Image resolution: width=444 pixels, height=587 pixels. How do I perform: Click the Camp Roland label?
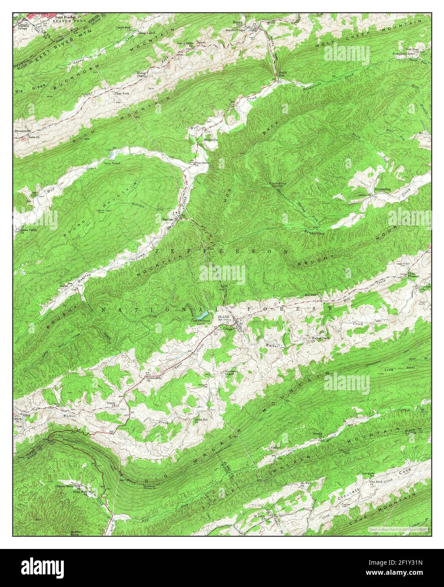[112, 163]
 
